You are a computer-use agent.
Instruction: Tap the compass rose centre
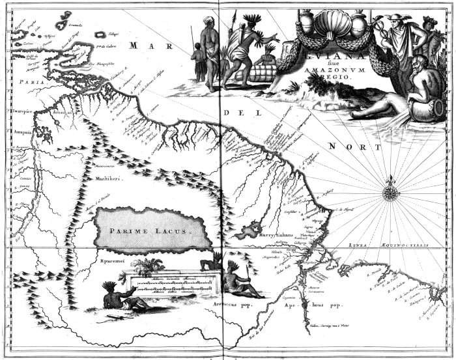coord(392,191)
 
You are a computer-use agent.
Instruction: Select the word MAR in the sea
coord(143,45)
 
